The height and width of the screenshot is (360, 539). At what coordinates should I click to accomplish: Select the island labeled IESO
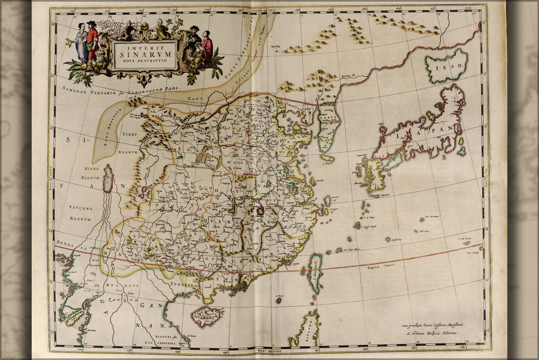pyautogui.click(x=446, y=66)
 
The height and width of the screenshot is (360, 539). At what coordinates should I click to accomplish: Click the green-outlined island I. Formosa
pyautogui.click(x=314, y=273)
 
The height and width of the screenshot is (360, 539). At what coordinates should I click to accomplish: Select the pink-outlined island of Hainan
pyautogui.click(x=207, y=316)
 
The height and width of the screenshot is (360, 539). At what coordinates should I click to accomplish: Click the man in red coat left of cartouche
pyautogui.click(x=92, y=43)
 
